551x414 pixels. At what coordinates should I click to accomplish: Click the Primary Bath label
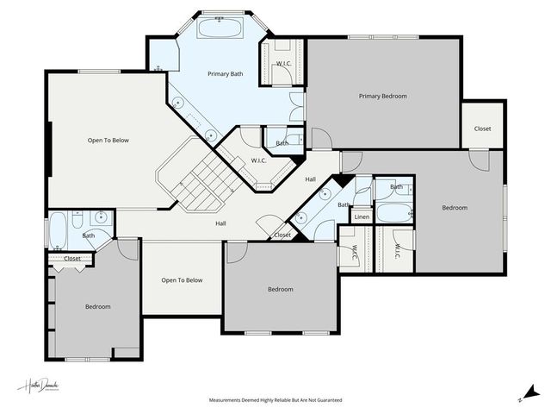click(x=226, y=74)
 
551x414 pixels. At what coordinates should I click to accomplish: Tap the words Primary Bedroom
click(x=382, y=96)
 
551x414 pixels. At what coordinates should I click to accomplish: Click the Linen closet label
click(x=362, y=216)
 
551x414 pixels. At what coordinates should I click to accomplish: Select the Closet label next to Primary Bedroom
click(x=482, y=129)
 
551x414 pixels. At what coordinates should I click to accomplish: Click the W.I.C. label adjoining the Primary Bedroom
click(x=283, y=65)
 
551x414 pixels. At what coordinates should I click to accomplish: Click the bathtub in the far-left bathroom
click(x=58, y=230)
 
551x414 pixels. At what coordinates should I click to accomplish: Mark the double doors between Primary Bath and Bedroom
click(x=298, y=108)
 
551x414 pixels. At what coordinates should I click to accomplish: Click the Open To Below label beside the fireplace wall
click(x=108, y=140)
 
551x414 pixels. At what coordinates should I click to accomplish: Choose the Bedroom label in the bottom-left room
click(x=97, y=306)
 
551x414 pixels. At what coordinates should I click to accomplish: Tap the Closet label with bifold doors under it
click(x=72, y=258)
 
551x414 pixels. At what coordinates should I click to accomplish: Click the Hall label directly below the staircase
click(x=220, y=223)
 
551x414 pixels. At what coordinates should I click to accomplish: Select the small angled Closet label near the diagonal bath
click(x=282, y=235)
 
